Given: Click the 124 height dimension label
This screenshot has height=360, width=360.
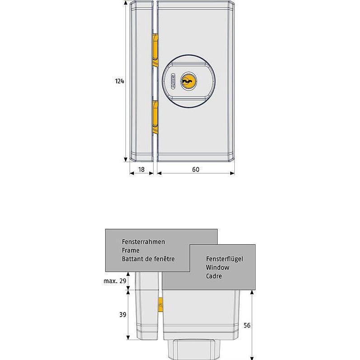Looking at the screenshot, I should tap(119, 81).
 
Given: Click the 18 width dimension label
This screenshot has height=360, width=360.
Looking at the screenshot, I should tap(141, 169).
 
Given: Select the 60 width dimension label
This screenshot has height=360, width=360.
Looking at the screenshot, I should tap(195, 169).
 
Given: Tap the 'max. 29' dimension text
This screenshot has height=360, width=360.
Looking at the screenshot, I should tap(114, 281).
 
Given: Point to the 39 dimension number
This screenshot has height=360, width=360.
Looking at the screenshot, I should tap(123, 315).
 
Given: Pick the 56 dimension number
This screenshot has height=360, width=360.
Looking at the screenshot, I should tap(246, 325).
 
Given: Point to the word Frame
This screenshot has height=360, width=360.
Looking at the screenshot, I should tap(130, 250).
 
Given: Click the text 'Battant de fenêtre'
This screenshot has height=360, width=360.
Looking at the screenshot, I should tap(148, 259).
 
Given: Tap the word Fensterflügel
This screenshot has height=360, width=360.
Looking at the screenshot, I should tap(225, 259).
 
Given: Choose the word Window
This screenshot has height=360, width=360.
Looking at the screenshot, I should tap(218, 267).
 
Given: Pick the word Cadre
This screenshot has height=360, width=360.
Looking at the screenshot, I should tap(214, 276).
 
